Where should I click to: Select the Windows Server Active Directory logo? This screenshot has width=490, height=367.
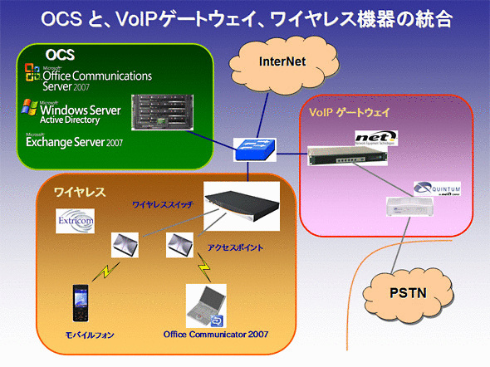(x=76, y=111)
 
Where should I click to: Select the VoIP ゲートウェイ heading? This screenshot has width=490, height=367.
(x=350, y=111)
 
